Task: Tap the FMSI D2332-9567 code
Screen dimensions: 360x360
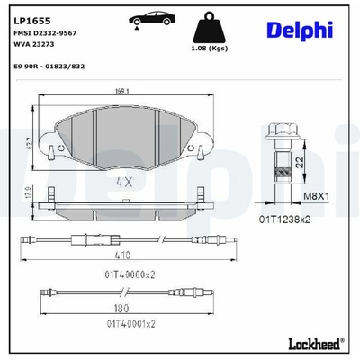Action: click(45, 33)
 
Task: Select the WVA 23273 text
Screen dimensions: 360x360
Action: click(34, 44)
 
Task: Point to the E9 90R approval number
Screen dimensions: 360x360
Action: click(49, 67)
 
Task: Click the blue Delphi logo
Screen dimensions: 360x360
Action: click(300, 31)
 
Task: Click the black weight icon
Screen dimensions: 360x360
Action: click(209, 27)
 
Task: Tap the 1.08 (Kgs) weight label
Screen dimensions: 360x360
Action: click(210, 49)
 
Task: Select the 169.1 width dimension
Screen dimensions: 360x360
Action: click(121, 92)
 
